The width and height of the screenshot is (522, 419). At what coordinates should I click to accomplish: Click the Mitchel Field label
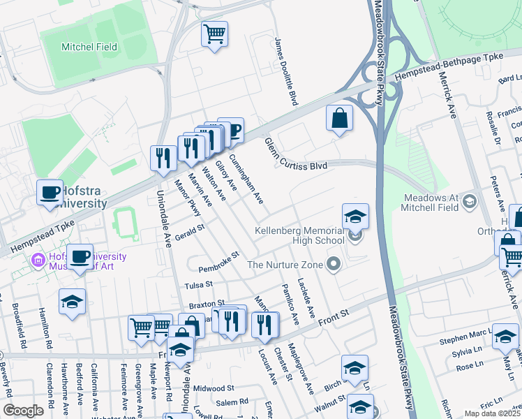(89, 47)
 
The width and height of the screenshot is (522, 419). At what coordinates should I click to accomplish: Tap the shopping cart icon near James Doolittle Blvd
(215, 34)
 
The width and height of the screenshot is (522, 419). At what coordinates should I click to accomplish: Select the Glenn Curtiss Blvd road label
(295, 154)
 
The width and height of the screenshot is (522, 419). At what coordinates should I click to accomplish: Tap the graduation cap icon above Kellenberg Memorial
(355, 216)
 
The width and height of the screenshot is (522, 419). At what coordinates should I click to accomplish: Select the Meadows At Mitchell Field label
(431, 203)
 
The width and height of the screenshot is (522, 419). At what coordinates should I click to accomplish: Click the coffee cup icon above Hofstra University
(50, 193)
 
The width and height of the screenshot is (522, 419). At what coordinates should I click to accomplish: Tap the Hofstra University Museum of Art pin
(37, 261)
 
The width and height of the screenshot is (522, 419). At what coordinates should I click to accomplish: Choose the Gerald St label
(189, 229)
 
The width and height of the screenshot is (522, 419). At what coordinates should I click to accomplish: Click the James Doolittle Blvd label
(287, 72)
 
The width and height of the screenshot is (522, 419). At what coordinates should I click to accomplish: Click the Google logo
(23, 410)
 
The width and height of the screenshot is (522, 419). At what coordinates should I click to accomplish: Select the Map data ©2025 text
(493, 413)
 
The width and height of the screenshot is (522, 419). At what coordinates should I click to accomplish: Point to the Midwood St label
(214, 388)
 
